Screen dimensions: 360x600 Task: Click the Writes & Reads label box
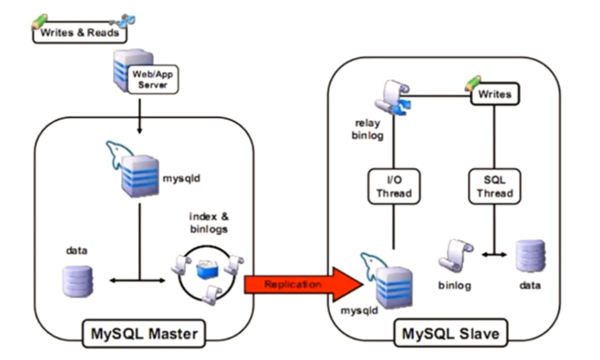tap(80, 33)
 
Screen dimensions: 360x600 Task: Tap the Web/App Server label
tap(152, 80)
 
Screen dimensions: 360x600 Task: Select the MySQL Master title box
tap(144, 334)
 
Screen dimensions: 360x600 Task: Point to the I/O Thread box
tap(393, 186)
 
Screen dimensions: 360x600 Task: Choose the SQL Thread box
tap(494, 186)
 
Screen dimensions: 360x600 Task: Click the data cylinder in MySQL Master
tap(78, 281)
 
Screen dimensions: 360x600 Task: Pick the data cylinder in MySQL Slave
tap(530, 255)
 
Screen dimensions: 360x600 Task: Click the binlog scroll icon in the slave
tap(456, 255)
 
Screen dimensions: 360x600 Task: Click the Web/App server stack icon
tap(124, 71)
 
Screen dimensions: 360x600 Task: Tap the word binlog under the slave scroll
tap(456, 285)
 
